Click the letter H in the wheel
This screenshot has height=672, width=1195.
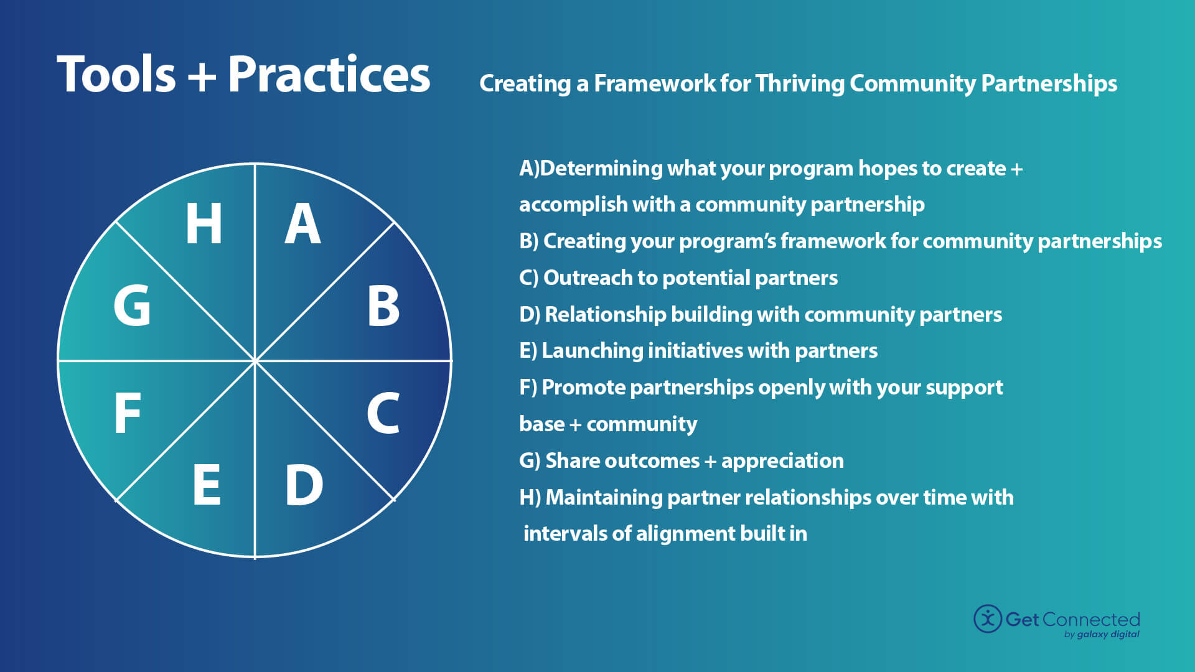[204, 224]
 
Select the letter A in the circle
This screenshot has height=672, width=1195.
[302, 224]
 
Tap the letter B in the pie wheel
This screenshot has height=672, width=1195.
[383, 306]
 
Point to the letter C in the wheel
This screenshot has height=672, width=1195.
[382, 413]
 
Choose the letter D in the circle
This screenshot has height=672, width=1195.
[304, 485]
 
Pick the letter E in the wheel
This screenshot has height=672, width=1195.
[206, 485]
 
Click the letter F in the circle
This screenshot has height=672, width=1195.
[128, 413]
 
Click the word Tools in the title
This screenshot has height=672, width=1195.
[116, 75]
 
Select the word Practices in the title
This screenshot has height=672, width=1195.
[329, 75]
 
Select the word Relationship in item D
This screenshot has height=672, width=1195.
[605, 314]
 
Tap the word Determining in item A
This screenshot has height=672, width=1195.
[601, 168]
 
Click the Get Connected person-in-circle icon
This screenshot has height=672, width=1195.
[988, 618]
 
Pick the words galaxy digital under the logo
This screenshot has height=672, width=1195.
[1108, 635]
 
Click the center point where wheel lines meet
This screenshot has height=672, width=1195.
[255, 360]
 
